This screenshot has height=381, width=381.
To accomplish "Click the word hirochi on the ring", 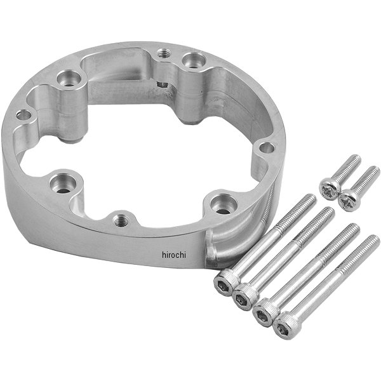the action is [174, 255].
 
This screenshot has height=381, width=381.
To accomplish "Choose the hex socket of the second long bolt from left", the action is [243, 297].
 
